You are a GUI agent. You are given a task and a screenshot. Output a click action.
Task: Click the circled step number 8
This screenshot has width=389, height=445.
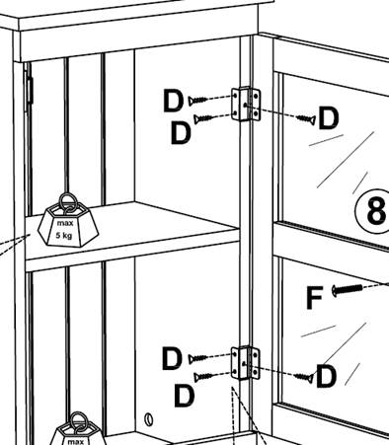pyautogui.click(x=373, y=211)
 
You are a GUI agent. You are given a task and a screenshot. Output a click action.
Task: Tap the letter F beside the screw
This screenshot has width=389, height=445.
pyautogui.click(x=314, y=298)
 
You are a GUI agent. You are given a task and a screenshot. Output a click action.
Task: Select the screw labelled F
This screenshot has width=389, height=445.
pyautogui.click(x=348, y=290)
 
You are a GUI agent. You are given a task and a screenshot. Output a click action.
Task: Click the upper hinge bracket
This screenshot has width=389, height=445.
pyautogui.click(x=246, y=104)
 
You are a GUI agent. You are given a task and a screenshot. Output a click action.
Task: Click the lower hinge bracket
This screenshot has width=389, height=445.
pyautogui.click(x=245, y=363)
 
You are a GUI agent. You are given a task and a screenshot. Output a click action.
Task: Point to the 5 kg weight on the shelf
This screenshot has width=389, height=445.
pyautogui.click(x=68, y=224)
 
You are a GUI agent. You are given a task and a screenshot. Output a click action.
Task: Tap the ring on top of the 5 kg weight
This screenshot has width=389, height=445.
pyautogui.click(x=68, y=202)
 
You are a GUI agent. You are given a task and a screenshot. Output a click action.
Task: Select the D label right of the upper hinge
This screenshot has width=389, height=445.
pyautogui.click(x=328, y=118)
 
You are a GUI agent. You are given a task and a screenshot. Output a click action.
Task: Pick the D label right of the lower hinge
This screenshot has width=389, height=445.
pyautogui.click(x=326, y=376)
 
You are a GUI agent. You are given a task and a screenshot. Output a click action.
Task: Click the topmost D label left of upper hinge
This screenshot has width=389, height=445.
pyautogui.click(x=174, y=101)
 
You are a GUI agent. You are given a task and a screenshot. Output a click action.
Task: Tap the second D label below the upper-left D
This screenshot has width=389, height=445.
pyautogui.click(x=181, y=133)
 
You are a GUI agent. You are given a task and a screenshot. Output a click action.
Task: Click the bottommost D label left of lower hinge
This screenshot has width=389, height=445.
pyautogui.click(x=184, y=396)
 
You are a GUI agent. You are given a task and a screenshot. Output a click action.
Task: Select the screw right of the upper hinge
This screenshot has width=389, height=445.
pyautogui.click(x=306, y=119)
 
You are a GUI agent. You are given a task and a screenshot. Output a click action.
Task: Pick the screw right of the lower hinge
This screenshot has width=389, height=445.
pyautogui.click(x=304, y=378)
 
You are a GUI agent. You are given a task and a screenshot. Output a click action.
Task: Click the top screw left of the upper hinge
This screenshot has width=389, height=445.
pyautogui.click(x=197, y=100)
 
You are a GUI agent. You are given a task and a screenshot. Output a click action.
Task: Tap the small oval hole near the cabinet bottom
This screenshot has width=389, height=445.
pyautogui.click(x=149, y=419)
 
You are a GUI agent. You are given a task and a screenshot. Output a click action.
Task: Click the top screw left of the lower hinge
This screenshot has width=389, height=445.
pyautogui.click(x=197, y=358)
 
